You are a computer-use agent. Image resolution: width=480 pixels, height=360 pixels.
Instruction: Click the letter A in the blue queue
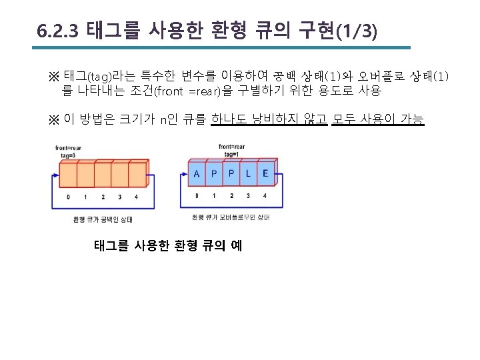pos(197,175)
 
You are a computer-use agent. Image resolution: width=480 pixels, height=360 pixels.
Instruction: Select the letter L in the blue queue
pos(249,175)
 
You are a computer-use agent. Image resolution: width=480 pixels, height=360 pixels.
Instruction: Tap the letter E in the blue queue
pos(265,175)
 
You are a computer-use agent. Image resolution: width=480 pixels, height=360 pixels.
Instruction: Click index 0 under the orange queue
pos(68,197)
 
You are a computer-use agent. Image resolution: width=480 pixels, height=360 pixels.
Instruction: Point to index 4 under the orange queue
pos(137,197)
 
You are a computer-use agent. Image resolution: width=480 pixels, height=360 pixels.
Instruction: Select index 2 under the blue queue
pos(231,196)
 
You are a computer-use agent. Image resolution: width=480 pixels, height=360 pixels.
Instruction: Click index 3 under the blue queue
pos(248,196)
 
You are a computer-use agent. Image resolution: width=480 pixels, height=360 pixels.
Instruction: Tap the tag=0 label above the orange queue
pos(68,155)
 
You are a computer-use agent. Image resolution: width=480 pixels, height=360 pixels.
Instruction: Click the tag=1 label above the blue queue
pos(232,154)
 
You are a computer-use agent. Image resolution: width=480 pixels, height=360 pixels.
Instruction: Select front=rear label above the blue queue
pos(231,147)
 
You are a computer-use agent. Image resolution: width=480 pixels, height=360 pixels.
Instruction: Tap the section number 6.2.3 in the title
pos(59,31)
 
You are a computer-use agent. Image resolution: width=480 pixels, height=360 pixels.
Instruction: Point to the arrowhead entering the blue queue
pos(185,175)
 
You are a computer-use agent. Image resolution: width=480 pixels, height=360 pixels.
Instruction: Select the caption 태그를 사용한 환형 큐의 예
pos(168,246)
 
